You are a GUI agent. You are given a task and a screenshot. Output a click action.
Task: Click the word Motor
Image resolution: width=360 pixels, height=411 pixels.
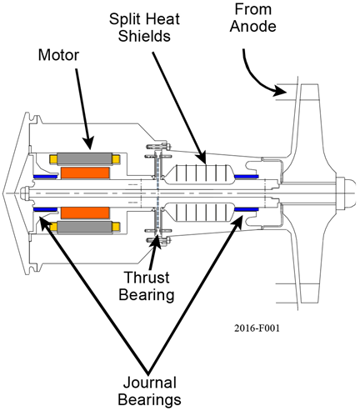click(x=58, y=55)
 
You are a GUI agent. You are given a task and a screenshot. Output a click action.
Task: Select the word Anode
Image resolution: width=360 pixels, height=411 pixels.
click(x=253, y=27)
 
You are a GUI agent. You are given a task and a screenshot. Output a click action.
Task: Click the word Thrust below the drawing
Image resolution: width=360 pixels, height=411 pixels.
click(x=147, y=278)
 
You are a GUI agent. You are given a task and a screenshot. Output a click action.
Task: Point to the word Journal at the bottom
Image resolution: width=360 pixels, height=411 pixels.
click(x=150, y=383)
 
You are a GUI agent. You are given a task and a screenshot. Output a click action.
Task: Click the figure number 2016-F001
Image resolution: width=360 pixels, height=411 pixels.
click(x=257, y=328)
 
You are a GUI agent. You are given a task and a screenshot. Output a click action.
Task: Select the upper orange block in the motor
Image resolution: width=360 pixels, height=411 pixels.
click(x=85, y=173)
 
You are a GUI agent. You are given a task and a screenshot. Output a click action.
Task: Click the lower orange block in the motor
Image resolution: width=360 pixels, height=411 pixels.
click(x=85, y=213)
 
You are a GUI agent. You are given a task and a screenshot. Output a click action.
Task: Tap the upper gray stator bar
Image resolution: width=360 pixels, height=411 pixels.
click(x=84, y=159)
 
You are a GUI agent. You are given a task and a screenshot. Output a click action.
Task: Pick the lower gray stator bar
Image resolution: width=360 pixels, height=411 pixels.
click(x=84, y=227)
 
